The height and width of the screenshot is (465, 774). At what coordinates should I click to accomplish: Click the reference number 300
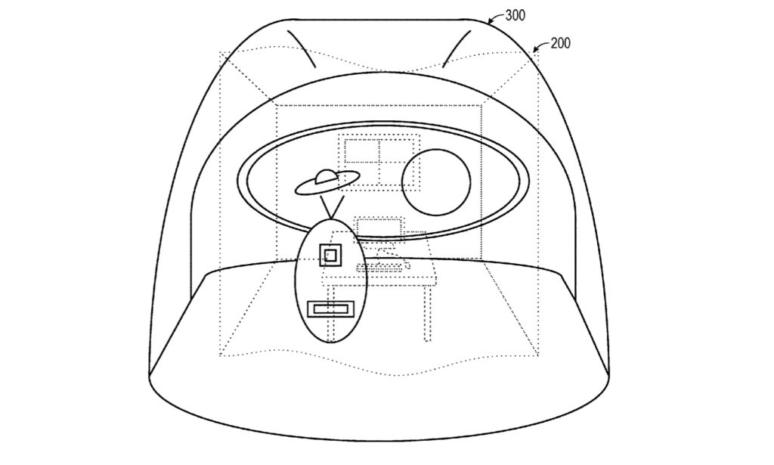tap(515, 15)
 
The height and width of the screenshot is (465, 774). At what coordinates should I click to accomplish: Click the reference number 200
tap(560, 43)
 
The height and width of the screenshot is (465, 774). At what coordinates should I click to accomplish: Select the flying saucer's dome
tap(325, 176)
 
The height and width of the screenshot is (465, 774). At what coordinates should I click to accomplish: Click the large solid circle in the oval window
tap(436, 182)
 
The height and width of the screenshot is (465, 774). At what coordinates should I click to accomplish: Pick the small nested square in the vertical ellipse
tap(330, 256)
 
